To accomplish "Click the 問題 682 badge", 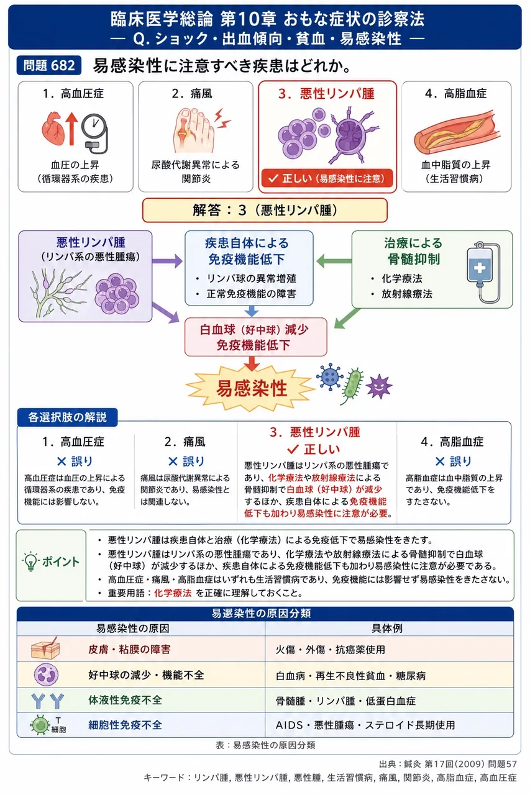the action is pos(48,65).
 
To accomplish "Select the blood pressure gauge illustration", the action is pos(94,133).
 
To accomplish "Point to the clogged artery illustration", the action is pos(457,130).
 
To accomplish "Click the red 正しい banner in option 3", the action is pos(327,178).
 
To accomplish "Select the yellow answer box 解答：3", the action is pos(265,210).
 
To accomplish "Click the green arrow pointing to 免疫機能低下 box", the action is pos(334,261).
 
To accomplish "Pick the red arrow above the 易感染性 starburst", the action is pos(252,363).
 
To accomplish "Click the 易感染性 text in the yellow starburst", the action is pos(252,388).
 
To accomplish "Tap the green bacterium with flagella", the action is pos(352,386).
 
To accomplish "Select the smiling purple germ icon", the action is pos(379,386).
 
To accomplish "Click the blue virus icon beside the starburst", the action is pos(329,376).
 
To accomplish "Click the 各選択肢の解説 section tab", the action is pos(68,417).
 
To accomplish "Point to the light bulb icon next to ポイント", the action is pos(31,561).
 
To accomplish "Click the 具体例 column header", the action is pos(386,628).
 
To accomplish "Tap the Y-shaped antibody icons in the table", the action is pos(48,701).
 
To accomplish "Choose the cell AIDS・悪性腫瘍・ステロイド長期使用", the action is pos(365,725).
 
